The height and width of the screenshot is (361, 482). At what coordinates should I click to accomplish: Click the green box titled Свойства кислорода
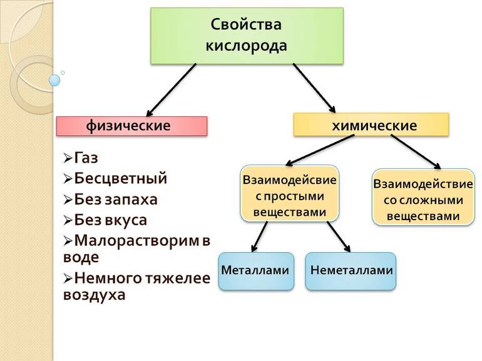tap(247, 35)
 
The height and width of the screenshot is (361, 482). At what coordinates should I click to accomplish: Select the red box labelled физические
tap(131, 126)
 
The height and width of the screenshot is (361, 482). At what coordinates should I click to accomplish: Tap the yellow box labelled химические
tap(371, 125)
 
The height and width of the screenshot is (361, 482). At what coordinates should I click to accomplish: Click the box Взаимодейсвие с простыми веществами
tap(289, 193)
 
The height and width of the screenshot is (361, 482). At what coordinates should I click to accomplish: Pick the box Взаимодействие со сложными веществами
tap(422, 198)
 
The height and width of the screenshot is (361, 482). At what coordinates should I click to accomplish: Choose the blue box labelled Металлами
tap(255, 271)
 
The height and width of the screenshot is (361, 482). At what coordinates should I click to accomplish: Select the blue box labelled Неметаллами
tap(351, 271)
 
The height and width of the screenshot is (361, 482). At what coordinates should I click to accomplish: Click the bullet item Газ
tap(86, 158)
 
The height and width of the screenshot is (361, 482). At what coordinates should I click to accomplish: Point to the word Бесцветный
tap(121, 178)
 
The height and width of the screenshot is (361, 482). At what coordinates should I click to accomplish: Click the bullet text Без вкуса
tap(111, 220)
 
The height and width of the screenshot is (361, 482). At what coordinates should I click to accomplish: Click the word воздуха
tap(94, 295)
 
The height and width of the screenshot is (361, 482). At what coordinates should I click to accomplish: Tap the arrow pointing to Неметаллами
tap(338, 236)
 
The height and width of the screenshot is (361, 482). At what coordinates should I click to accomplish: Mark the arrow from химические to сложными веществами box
tap(416, 152)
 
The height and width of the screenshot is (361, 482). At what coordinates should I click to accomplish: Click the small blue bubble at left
tap(54, 80)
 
